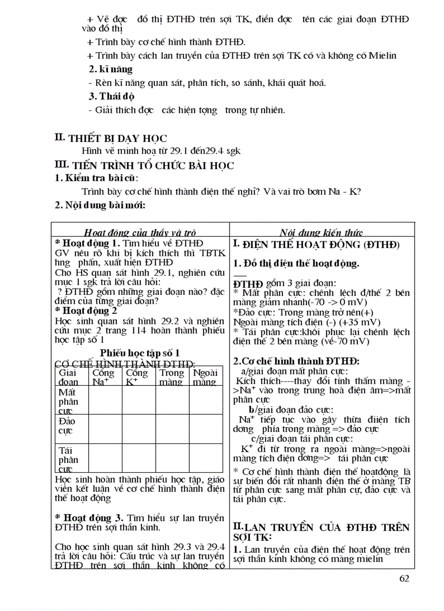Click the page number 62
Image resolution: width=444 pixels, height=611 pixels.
point(404,578)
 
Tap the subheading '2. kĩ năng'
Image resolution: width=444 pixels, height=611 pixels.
point(110,70)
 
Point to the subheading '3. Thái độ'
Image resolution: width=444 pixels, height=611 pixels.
point(112,96)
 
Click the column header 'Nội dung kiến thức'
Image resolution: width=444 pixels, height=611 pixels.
point(322,232)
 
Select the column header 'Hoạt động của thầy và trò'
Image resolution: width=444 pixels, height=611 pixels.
point(140,232)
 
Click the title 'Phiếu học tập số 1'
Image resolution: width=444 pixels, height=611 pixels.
point(140,353)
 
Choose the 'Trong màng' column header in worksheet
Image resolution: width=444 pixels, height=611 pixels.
point(171,377)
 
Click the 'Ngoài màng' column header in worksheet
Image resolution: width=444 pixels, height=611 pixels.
point(205,377)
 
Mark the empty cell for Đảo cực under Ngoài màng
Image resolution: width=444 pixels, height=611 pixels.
point(205,429)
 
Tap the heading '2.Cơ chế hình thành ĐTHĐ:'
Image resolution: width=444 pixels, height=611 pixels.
point(296,361)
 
